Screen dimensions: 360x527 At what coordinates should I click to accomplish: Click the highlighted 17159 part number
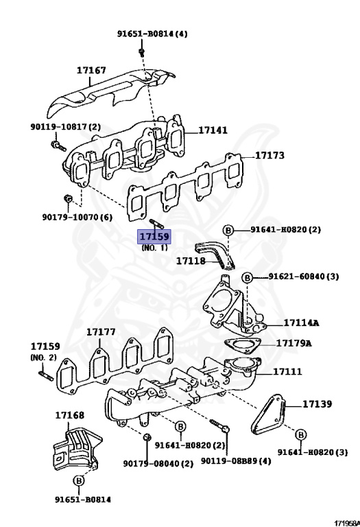154,237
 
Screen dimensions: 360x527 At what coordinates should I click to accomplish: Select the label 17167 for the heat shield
91,70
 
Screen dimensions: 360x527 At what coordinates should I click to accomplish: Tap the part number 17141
213,130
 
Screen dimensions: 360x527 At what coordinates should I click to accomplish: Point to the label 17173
269,155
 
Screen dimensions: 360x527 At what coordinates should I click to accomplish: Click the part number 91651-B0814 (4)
152,34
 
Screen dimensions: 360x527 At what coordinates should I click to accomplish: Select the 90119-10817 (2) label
65,127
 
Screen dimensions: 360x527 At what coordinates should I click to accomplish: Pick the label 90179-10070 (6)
77,217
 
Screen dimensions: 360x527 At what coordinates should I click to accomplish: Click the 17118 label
191,261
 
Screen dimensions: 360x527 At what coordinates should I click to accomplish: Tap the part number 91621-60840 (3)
304,277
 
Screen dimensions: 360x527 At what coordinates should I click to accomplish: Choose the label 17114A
301,323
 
